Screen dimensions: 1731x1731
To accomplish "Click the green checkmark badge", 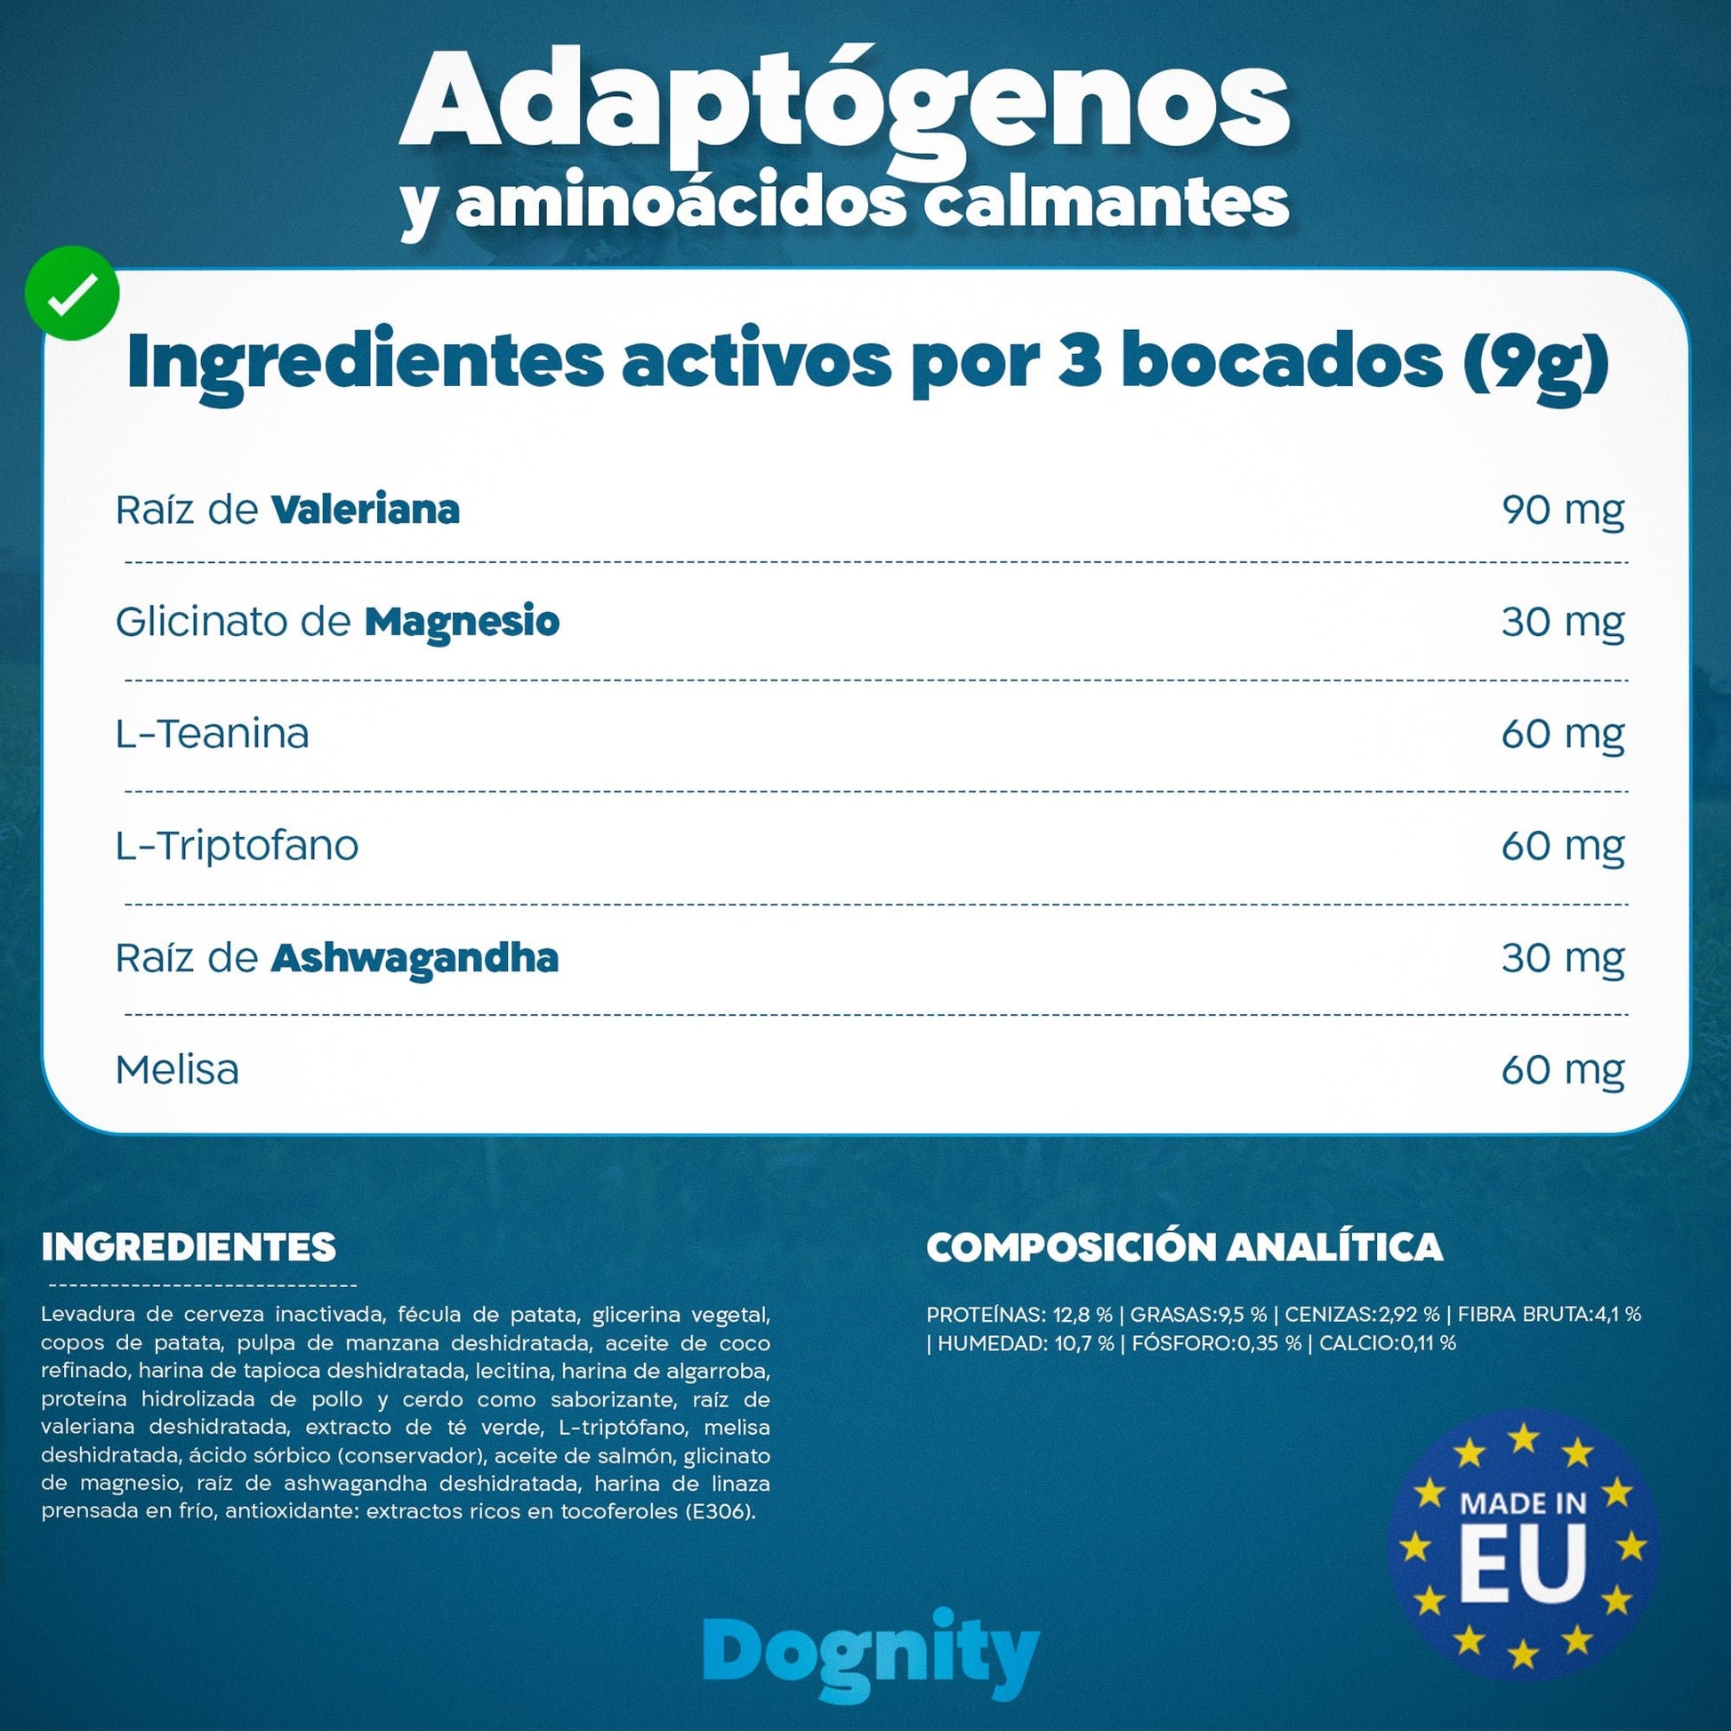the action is (73, 293).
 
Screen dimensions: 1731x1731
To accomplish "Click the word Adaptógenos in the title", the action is (844, 106).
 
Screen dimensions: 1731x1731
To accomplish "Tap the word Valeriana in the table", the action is (366, 509).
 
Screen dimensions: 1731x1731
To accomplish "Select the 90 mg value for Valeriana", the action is (1563, 511).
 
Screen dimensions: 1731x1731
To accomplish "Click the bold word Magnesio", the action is (463, 622).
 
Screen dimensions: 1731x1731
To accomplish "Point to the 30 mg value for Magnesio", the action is (1563, 623).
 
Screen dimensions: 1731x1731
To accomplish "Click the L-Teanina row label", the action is (213, 734).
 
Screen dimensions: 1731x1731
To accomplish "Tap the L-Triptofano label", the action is (238, 846).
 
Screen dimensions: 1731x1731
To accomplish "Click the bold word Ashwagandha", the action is (415, 958).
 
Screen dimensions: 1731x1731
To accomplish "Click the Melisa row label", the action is (177, 1070).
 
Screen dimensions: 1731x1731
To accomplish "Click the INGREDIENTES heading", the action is (189, 1247).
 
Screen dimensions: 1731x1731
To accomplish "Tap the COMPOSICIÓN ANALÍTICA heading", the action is (1185, 1246).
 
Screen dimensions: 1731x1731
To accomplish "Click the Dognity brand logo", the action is (870, 1651).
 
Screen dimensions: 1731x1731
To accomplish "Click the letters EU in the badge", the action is (1523, 1564).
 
